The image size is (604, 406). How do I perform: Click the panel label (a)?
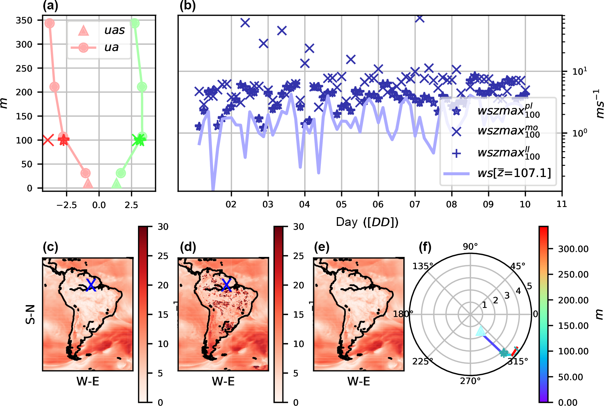pyautogui.click(x=50, y=6)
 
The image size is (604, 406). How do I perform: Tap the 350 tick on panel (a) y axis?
pyautogui.click(x=24, y=20)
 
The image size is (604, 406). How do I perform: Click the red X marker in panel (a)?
pyautogui.click(x=48, y=140)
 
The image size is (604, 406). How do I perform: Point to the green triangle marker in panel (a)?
pyautogui.click(x=116, y=184)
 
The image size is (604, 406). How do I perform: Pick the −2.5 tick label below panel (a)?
pyautogui.click(x=66, y=205)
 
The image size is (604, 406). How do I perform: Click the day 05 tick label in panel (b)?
pyautogui.click(x=341, y=204)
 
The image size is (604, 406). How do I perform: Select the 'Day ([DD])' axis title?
pyautogui.click(x=367, y=222)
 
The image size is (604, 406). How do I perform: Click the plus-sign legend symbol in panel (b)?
pyautogui.click(x=456, y=153)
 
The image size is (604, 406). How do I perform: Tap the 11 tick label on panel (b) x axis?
pyautogui.click(x=561, y=204)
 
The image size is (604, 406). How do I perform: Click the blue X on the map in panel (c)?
pyautogui.click(x=91, y=285)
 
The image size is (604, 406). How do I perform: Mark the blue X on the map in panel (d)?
pyautogui.click(x=227, y=285)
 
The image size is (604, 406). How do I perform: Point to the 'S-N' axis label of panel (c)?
pyautogui.click(x=31, y=314)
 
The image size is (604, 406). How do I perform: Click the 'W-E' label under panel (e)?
pyautogui.click(x=359, y=381)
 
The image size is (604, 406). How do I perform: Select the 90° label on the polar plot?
pyautogui.click(x=470, y=246)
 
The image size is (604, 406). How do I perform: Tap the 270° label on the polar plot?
pyautogui.click(x=470, y=381)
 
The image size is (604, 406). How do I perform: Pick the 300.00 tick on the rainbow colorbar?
pyautogui.click(x=573, y=249)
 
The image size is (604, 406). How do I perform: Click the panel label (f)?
pyautogui.click(x=425, y=247)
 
